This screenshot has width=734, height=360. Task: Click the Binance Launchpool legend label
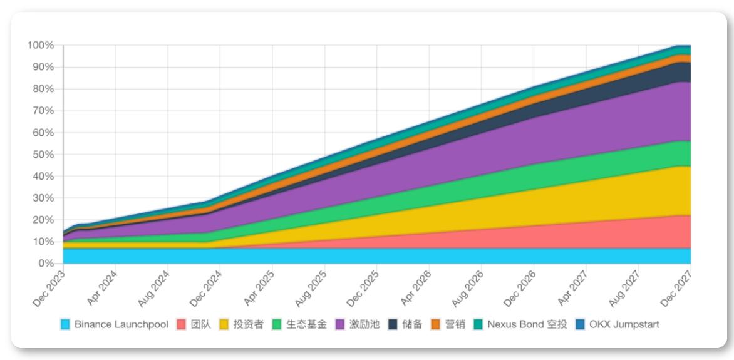[121, 324]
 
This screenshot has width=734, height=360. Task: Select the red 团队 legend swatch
[183, 324]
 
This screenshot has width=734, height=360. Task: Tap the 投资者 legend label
[248, 324]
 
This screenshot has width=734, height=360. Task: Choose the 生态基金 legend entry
[306, 324]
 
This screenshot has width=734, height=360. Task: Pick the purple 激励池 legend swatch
[339, 324]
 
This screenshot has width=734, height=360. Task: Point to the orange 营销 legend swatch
[436, 324]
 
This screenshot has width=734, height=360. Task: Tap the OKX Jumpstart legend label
[624, 324]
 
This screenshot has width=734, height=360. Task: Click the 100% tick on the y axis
[40, 46]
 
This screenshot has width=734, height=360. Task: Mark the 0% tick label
[45, 264]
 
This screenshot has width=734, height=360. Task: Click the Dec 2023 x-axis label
[49, 288]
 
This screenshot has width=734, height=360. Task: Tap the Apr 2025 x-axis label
[258, 288]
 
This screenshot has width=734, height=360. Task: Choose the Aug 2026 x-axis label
[467, 288]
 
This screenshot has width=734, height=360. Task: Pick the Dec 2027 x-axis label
[676, 288]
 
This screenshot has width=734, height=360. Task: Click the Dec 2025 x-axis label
[363, 288]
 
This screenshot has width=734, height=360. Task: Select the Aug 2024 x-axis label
[153, 288]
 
